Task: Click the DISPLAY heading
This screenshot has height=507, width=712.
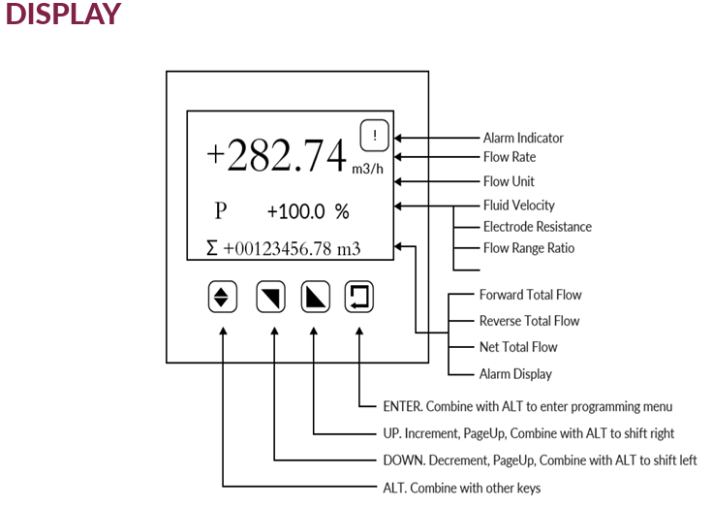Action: (x=63, y=15)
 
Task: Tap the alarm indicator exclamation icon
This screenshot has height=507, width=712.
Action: (x=374, y=136)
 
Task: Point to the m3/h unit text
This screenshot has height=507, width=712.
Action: (x=368, y=169)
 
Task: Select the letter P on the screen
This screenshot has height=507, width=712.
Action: (x=221, y=210)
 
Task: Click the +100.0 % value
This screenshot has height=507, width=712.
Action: (x=308, y=211)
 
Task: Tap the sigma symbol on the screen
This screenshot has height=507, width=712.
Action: (x=212, y=248)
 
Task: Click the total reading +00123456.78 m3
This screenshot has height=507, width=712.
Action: (x=292, y=248)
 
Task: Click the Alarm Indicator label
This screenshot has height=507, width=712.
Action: (x=523, y=139)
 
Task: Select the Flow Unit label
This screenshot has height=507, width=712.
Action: (x=509, y=181)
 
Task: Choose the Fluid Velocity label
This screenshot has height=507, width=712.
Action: (x=519, y=206)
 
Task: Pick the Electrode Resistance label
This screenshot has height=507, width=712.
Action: (x=538, y=227)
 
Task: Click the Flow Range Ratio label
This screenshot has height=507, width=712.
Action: (x=529, y=248)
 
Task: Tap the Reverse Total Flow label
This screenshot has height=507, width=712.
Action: (x=530, y=321)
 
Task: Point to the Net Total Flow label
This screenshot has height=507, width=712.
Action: (x=518, y=347)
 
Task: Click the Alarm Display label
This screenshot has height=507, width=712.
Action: (x=515, y=373)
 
